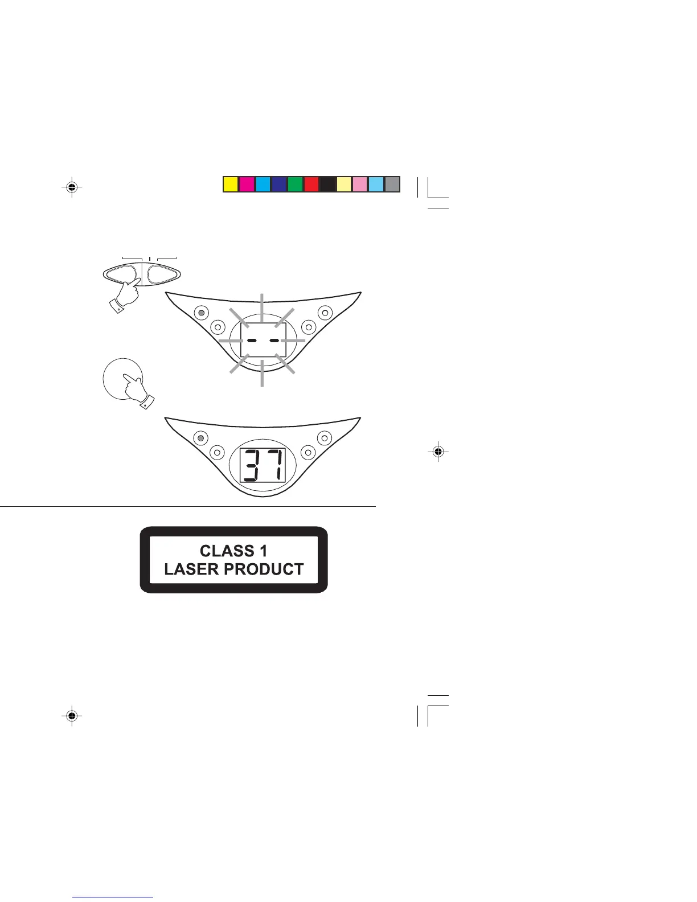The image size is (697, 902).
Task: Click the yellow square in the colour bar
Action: (x=230, y=184)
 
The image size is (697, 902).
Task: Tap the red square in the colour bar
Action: (x=311, y=184)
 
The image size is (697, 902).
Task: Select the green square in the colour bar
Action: (x=295, y=184)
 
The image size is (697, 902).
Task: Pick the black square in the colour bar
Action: (x=327, y=184)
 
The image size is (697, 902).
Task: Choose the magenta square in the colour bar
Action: (x=246, y=184)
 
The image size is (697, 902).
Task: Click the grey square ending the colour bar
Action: (x=392, y=184)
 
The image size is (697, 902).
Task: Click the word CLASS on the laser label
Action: (x=227, y=551)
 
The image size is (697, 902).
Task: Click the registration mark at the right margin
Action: (x=437, y=452)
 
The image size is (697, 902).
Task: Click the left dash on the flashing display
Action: (x=251, y=340)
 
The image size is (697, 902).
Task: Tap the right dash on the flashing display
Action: (x=274, y=340)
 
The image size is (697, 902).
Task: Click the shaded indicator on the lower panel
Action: (x=200, y=438)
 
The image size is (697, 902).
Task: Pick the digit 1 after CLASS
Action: (x=263, y=551)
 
